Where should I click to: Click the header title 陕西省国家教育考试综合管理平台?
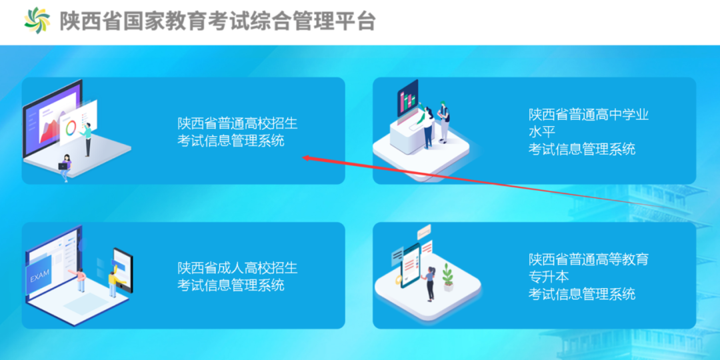[x=217, y=21]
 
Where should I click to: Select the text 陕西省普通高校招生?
[x=238, y=123]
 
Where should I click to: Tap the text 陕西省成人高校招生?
[x=238, y=267]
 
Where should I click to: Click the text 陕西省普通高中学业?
[x=589, y=115]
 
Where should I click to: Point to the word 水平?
[x=542, y=132]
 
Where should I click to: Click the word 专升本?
[x=549, y=276]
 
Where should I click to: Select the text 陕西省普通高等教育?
[x=589, y=259]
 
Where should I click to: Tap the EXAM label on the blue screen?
[x=39, y=278]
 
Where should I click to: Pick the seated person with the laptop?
[x=65, y=167]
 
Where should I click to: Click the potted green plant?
[x=448, y=277]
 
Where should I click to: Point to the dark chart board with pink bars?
[x=407, y=98]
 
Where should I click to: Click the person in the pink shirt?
[x=81, y=279]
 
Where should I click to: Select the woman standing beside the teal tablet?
[x=430, y=283]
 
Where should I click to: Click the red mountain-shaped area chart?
[x=49, y=131]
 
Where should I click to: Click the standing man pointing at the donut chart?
[x=87, y=139]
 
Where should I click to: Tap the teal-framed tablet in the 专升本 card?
[x=410, y=265]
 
